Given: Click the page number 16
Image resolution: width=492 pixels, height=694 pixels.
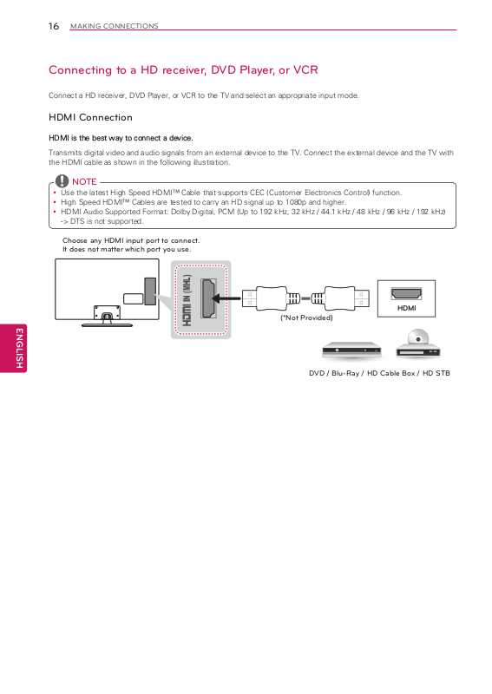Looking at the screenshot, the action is click(54, 26).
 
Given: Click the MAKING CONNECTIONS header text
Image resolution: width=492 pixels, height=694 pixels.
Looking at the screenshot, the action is click(115, 26).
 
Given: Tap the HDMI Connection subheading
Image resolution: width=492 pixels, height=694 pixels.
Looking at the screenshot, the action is click(91, 117).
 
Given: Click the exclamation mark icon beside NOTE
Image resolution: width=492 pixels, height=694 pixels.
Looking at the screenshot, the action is click(62, 180).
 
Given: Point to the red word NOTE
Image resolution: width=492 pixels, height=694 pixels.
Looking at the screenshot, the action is click(84, 181).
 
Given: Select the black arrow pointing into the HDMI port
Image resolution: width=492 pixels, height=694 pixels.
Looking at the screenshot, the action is click(226, 298).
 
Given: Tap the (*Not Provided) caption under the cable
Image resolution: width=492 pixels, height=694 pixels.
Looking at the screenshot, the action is click(306, 318).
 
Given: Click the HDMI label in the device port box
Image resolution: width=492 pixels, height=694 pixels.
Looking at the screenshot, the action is click(407, 308).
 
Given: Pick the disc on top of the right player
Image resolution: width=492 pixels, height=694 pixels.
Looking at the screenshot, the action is click(417, 338).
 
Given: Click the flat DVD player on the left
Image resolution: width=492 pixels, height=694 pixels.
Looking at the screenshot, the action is click(351, 350).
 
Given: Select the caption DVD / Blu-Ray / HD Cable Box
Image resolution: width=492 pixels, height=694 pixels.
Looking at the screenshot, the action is click(362, 373).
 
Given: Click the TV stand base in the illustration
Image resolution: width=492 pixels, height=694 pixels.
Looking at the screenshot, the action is click(107, 324).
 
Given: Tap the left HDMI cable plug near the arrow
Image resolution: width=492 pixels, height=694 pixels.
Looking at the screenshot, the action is click(265, 298).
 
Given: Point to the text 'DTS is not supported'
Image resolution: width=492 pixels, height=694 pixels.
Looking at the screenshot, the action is click(107, 221).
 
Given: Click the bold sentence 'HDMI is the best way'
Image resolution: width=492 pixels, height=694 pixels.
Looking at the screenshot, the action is click(121, 138).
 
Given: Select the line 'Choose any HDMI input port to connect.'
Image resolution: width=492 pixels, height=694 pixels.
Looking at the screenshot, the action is click(131, 241).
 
